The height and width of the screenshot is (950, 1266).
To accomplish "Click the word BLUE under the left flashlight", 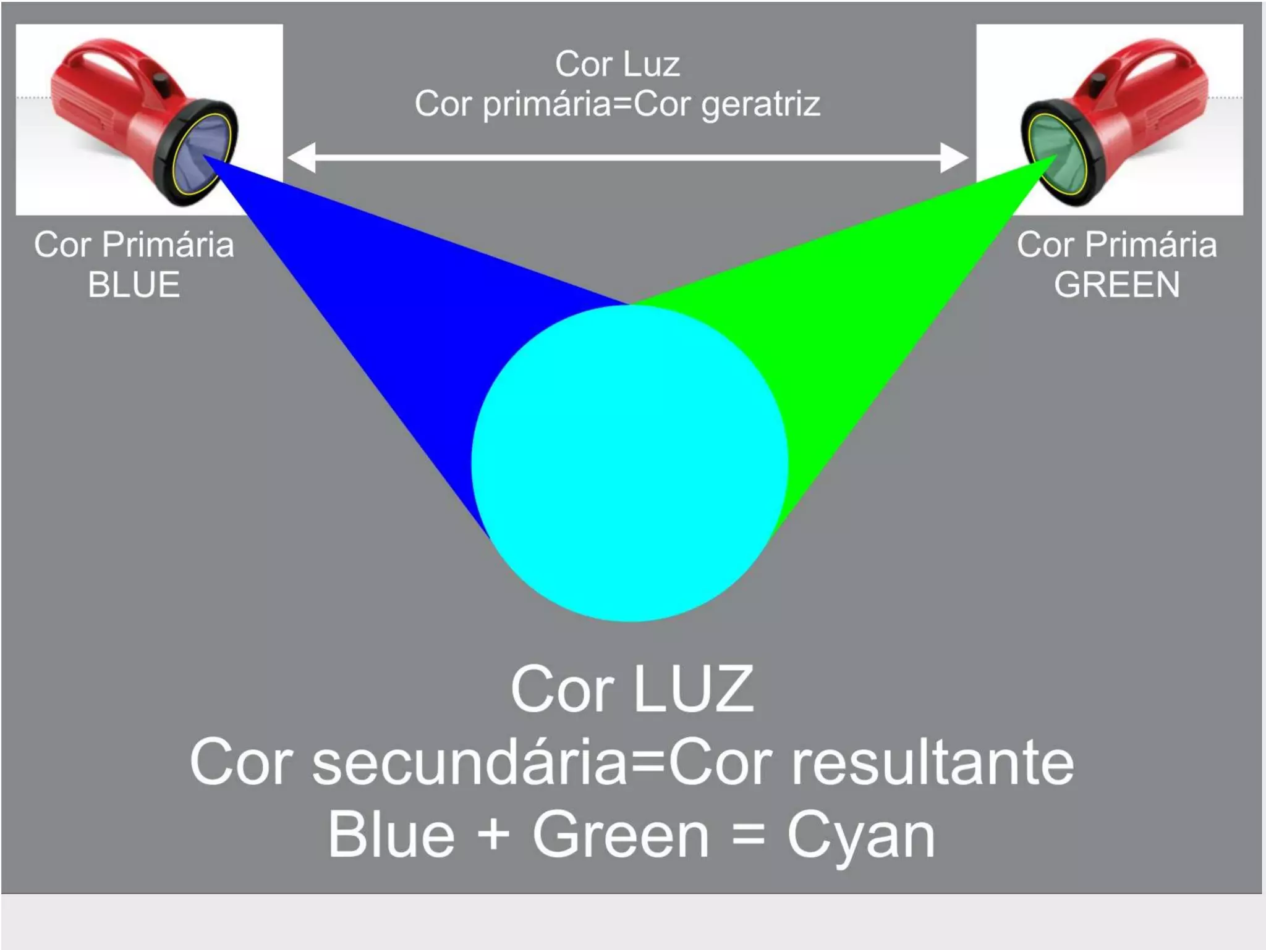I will (134, 285).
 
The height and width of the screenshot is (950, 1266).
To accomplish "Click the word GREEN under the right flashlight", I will (1117, 285).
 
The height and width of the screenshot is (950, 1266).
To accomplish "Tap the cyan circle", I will (629, 463).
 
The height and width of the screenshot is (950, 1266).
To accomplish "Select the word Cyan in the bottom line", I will (860, 835).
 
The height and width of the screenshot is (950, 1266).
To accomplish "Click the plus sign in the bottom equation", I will (493, 835).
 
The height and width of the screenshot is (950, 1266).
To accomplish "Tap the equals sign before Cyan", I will (747, 835).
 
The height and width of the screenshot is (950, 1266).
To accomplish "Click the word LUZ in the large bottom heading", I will (694, 690).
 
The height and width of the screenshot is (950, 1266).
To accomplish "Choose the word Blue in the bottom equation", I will (391, 835).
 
